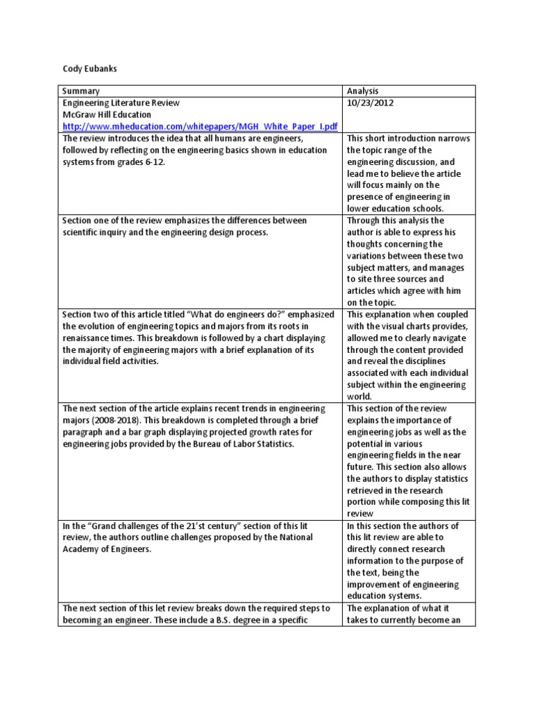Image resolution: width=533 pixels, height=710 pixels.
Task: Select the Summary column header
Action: click(81, 91)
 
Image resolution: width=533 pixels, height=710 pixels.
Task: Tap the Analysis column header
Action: click(364, 91)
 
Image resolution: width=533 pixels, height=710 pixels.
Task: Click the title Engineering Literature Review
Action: click(121, 103)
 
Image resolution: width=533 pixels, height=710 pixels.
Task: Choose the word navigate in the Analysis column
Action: click(444, 338)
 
